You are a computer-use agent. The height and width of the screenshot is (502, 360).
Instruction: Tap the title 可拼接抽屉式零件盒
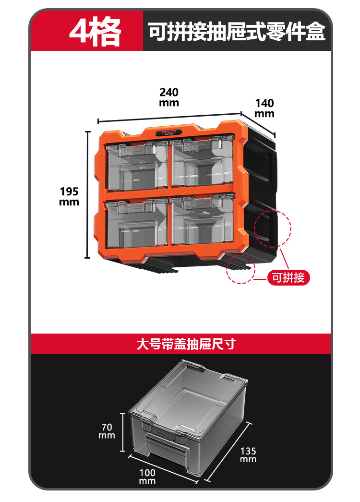pos(237,32)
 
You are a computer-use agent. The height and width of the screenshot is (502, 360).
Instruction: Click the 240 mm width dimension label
pos(169,97)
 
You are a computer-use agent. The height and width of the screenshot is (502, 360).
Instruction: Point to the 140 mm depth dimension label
pos(264,108)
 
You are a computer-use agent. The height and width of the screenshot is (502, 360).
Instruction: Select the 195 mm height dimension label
pos(69,196)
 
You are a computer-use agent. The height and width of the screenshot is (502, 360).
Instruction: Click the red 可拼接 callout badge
pos(288,277)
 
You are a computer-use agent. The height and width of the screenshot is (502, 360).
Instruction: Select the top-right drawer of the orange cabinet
pos(202,162)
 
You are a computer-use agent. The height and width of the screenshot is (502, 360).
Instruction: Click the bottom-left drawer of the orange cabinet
pos(137,224)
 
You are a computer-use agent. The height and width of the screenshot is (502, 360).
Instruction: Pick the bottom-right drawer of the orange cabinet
pos(202,222)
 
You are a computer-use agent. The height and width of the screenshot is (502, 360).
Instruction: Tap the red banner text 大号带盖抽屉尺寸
pos(186,344)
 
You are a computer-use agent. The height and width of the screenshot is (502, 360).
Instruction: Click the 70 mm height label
pos(107,430)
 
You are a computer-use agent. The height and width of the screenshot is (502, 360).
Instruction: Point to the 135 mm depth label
pos(249,455)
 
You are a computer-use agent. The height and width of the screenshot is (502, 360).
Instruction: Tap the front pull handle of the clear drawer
pos(166,444)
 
